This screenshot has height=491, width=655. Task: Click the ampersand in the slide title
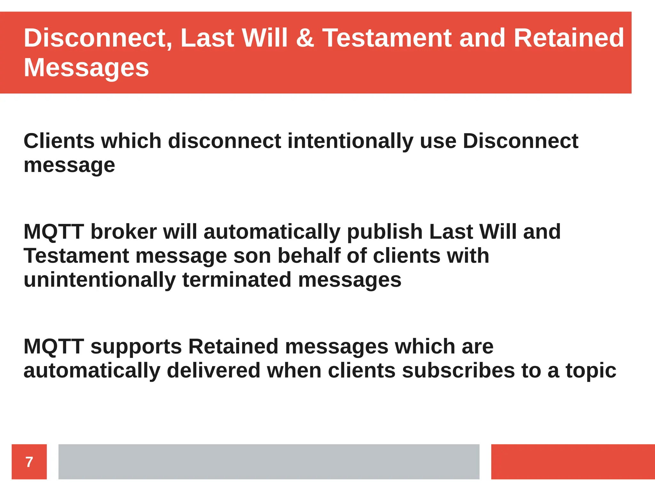point(305,38)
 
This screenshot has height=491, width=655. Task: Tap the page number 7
point(29,462)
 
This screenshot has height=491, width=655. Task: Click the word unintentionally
point(99,280)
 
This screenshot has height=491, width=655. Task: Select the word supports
point(136,347)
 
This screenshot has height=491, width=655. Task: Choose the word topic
point(591,371)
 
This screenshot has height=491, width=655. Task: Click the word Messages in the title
point(86,68)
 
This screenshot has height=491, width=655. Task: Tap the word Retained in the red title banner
point(569,38)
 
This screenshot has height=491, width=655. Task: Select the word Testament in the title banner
point(387,38)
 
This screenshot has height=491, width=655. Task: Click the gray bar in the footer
point(269,462)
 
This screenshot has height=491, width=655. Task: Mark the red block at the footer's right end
point(573,462)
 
